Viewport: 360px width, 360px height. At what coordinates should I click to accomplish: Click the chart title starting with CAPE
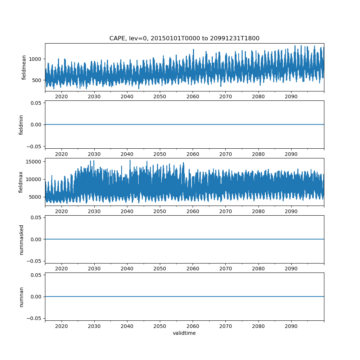pyautogui.click(x=184, y=39)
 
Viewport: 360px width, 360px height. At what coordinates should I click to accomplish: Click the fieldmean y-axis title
pyautogui.click(x=24, y=67)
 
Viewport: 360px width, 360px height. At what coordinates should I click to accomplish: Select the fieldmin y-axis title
pyautogui.click(x=21, y=125)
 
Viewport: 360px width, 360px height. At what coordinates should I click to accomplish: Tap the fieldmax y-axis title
pyautogui.click(x=21, y=182)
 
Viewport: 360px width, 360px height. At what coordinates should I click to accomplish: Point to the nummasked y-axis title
pyautogui.click(x=21, y=239)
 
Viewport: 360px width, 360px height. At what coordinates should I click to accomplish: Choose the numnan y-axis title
pyautogui.click(x=21, y=297)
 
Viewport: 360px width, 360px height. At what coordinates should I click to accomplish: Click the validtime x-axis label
pyautogui.click(x=184, y=333)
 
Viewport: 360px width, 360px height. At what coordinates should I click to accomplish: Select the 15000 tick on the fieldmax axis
pyautogui.click(x=35, y=162)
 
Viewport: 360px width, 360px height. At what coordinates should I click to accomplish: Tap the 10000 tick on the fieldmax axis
pyautogui.click(x=35, y=179)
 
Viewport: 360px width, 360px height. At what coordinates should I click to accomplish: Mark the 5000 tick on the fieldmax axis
pyautogui.click(x=36, y=197)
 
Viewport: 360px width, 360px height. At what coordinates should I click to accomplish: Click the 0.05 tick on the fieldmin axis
pyautogui.click(x=37, y=103)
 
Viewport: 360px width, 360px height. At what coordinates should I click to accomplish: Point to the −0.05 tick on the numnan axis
pyautogui.click(x=35, y=318)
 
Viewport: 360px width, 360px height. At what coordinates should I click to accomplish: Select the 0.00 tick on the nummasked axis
pyautogui.click(x=37, y=239)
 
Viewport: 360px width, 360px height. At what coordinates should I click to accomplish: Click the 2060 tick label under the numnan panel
pyautogui.click(x=193, y=326)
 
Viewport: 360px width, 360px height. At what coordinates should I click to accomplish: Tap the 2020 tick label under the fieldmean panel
pyautogui.click(x=62, y=97)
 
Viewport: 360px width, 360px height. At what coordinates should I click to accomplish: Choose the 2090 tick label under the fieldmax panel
pyautogui.click(x=291, y=212)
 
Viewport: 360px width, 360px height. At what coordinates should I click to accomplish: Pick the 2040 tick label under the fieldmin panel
pyautogui.click(x=127, y=154)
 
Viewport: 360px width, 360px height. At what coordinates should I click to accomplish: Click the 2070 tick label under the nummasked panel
pyautogui.click(x=225, y=269)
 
